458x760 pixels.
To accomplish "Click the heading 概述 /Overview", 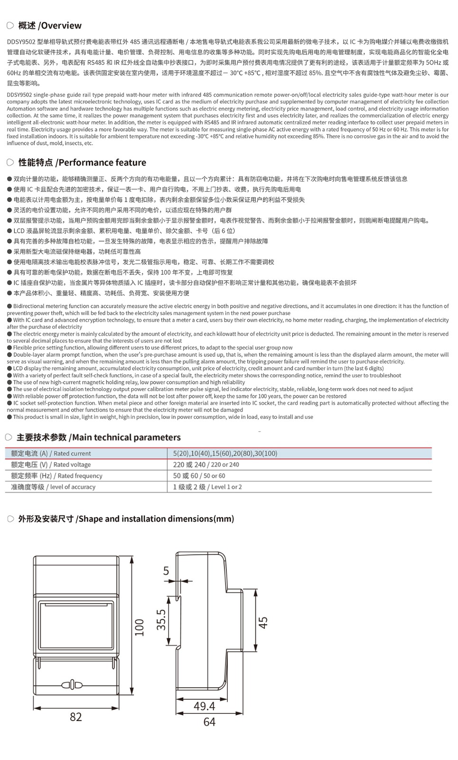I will pyautogui.click(x=49, y=26).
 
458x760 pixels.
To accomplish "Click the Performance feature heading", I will pyautogui.click(x=82, y=162).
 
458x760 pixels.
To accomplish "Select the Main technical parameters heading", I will pyautogui.click(x=98, y=437).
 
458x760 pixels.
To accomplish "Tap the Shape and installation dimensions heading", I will pyautogui.click(x=126, y=519).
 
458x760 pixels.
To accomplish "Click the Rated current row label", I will pyautogui.click(x=51, y=454).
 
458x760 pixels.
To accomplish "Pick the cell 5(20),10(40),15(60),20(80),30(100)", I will pyautogui.click(x=225, y=454).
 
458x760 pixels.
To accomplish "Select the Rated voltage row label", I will pyautogui.click(x=51, y=465).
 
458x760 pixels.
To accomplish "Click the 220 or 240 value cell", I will pyautogui.click(x=206, y=465).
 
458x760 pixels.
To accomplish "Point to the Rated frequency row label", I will pyautogui.click(x=56, y=475).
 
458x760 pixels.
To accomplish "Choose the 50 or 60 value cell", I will pyautogui.click(x=199, y=475).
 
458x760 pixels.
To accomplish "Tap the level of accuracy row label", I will pyautogui.click(x=53, y=487).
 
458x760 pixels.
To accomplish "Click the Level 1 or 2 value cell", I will pyautogui.click(x=207, y=487).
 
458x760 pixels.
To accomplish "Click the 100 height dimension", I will pyautogui.click(x=139, y=627).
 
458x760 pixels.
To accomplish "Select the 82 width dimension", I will pyautogui.click(x=76, y=717).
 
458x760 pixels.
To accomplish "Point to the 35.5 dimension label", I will pyautogui.click(x=161, y=620).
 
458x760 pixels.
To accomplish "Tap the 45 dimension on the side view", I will pyautogui.click(x=263, y=622).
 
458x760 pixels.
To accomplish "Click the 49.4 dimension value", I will pyautogui.click(x=204, y=706).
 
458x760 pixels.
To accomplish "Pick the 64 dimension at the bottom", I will pyautogui.click(x=209, y=722).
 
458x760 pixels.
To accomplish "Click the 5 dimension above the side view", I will pyautogui.click(x=166, y=570).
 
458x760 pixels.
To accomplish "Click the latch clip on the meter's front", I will pyautogui.click(x=72, y=684).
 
